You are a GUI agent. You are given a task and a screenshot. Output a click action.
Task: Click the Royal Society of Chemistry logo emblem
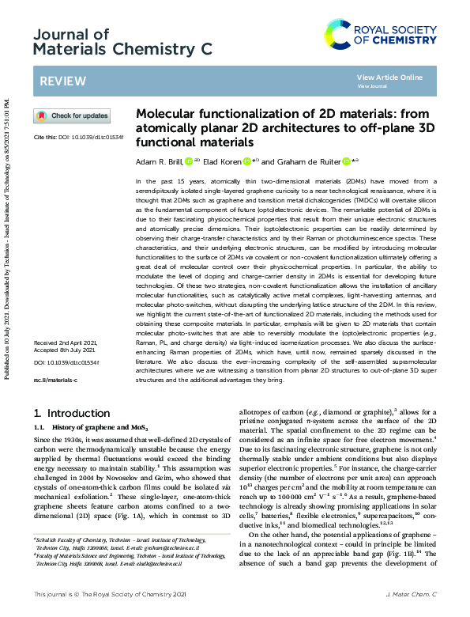(x=339, y=34)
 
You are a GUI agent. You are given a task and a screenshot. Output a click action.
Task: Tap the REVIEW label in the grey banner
(x=58, y=81)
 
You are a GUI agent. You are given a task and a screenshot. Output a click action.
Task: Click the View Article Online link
(x=389, y=77)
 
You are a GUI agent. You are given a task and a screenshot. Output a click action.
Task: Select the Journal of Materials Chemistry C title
(x=123, y=42)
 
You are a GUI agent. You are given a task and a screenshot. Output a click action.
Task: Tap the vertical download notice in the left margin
(x=8, y=237)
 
